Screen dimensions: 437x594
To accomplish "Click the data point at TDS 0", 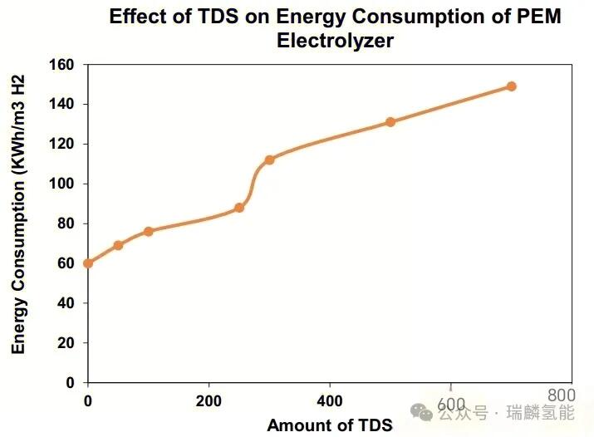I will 88,263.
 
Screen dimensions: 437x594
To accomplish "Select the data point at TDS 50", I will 118,245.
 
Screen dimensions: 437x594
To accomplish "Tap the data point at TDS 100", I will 148,231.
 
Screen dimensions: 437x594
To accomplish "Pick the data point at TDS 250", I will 239,208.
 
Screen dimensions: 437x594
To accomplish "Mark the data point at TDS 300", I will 269,160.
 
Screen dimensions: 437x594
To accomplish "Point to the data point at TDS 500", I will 390,122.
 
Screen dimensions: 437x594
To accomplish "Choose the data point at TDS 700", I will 511,86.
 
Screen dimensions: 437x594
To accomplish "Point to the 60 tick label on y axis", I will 66,263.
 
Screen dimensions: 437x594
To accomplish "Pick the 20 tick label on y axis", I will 66,343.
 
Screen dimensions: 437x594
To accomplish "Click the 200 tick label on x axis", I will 209,400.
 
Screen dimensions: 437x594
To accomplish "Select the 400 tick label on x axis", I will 330,400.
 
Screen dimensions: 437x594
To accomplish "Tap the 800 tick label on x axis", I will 562,395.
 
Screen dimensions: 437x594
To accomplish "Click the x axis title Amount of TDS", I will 329,425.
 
